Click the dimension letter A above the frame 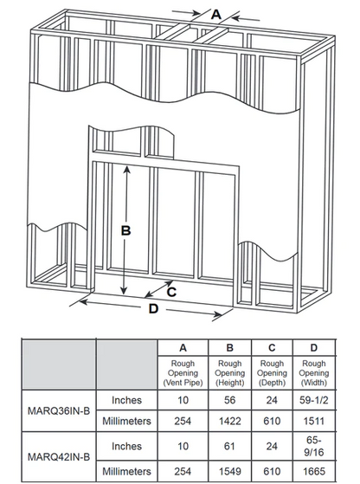point(215,13)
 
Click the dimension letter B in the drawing point(125,230)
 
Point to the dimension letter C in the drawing point(171,292)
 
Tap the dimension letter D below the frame point(153,309)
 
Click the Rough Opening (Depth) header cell point(273,373)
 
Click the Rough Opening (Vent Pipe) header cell point(183,373)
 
